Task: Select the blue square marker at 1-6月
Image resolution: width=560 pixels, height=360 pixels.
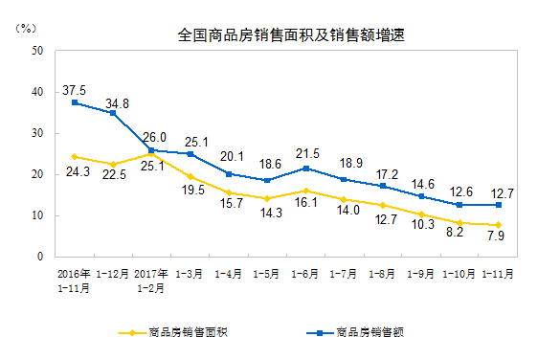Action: tap(305, 169)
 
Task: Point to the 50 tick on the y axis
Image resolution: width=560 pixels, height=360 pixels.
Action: tap(35, 51)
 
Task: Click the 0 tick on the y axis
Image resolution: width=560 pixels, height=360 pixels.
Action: tap(39, 257)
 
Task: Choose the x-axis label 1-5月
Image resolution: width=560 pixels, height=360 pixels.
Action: tap(267, 273)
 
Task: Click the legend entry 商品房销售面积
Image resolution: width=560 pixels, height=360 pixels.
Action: tap(187, 333)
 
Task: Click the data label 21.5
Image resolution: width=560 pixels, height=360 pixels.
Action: tap(307, 153)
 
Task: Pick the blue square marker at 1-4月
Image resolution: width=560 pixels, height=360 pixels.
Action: tap(229, 174)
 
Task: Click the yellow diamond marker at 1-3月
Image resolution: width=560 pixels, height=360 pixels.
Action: tap(190, 177)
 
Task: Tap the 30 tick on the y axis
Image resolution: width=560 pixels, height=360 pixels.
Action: tap(35, 133)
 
